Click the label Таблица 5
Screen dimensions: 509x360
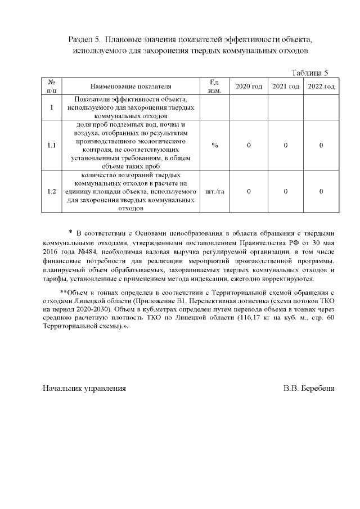(x=309, y=73)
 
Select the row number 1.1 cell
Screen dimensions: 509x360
(x=51, y=146)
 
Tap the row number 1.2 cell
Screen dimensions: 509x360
(x=51, y=192)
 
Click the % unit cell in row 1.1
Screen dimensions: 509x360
(x=214, y=146)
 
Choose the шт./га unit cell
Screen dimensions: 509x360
(x=214, y=192)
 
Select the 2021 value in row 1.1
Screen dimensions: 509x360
(x=286, y=146)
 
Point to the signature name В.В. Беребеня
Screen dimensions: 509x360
(x=309, y=388)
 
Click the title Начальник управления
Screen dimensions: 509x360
(x=84, y=388)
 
